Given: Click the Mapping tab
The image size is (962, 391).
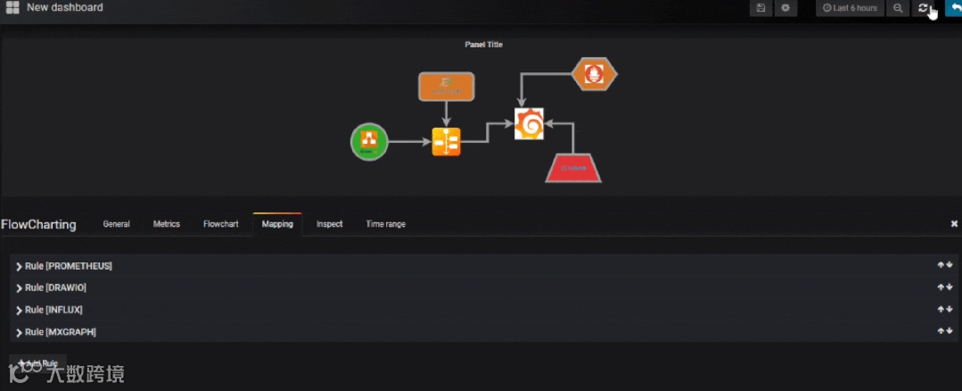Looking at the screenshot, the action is click(277, 224).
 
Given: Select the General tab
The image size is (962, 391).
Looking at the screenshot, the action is click(117, 224).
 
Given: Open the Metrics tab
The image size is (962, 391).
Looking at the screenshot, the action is click(167, 224).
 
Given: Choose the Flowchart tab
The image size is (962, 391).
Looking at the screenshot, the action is click(221, 224).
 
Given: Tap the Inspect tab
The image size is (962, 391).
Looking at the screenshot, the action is click(329, 224).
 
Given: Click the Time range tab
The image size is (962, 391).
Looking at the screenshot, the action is click(385, 224).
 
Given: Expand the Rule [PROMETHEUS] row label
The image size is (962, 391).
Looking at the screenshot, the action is click(68, 266).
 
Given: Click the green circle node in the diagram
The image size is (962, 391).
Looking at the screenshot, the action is click(369, 142).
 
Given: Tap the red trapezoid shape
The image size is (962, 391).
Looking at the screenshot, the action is click(573, 166).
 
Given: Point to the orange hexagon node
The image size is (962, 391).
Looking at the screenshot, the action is click(594, 74).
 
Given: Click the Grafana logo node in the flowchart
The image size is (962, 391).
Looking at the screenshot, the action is click(529, 124).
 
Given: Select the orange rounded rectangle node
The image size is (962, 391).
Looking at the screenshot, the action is click(447, 87).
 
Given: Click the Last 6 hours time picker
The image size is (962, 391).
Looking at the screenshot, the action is click(850, 8).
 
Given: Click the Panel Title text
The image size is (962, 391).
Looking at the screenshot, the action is click(484, 45).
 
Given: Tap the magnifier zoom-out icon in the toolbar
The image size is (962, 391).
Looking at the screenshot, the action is click(898, 8).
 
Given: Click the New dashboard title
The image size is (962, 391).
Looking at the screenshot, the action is click(64, 7).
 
